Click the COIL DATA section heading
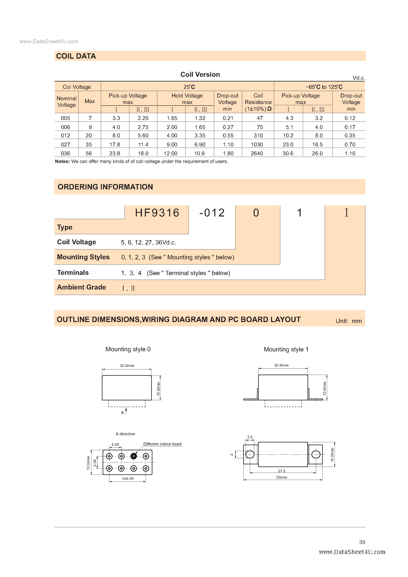[x=76, y=56]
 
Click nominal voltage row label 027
[x=65, y=144]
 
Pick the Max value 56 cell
[x=89, y=153]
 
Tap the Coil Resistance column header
[x=258, y=102]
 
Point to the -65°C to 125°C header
[x=324, y=87]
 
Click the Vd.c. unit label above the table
[x=358, y=78]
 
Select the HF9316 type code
[x=157, y=213]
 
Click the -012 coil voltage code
[x=212, y=213]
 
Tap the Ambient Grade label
[x=82, y=287]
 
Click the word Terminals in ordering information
[x=73, y=273]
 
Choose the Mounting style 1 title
[x=286, y=349]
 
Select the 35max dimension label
[x=281, y=477]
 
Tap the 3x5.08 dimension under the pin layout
[x=128, y=479]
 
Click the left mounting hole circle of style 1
[x=250, y=454]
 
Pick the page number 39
[x=362, y=542]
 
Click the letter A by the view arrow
[x=122, y=413]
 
